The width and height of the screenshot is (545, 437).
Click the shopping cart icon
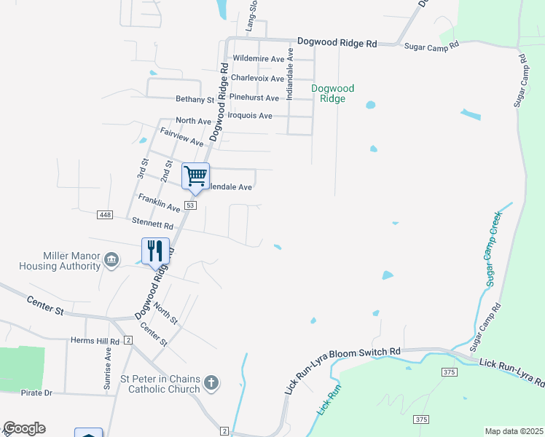[195, 176]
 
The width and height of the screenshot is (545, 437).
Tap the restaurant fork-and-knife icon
[155, 251]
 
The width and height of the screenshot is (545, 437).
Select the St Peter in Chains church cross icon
[211, 382]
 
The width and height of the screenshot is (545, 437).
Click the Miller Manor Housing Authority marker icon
[111, 260]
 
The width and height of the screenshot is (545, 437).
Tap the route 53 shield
[191, 206]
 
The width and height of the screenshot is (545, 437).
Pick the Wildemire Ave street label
[258, 59]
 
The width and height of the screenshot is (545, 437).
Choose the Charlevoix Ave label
[257, 78]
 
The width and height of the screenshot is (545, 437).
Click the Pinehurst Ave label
[254, 98]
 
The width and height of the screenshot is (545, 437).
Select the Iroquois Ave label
[250, 116]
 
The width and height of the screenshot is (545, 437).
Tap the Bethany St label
[195, 99]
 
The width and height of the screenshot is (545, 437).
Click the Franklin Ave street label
[159, 203]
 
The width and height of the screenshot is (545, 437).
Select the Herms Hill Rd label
[95, 341]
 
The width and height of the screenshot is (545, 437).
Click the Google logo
[23, 428]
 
